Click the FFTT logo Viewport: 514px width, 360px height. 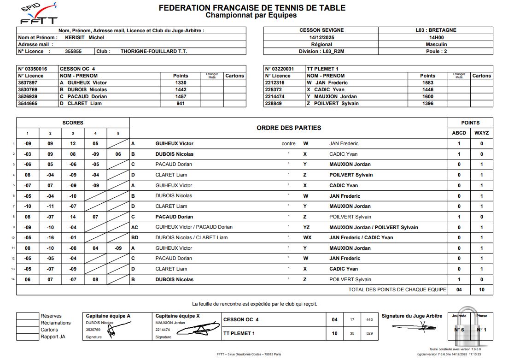pyautogui.click(x=39, y=14)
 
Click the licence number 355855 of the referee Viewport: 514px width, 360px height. pyautogui.click(x=73, y=51)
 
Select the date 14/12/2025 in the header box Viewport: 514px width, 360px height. pyautogui.click(x=321, y=37)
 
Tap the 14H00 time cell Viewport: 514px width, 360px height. pyautogui.click(x=436, y=37)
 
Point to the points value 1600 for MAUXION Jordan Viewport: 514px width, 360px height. pyautogui.click(x=427, y=96)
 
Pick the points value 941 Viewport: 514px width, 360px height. pyautogui.click(x=181, y=103)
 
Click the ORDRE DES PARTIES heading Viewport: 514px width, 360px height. pyautogui.click(x=289, y=128)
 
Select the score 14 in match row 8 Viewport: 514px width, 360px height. pyautogui.click(x=73, y=217)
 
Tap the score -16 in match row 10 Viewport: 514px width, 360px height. pyautogui.click(x=50, y=238)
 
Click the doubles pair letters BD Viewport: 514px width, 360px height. pyautogui.click(x=134, y=238)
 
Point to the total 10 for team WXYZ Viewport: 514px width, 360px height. pyautogui.click(x=481, y=289)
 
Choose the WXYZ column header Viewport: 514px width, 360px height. pyautogui.click(x=481, y=133)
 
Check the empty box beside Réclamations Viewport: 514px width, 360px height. pyautogui.click(x=27, y=323)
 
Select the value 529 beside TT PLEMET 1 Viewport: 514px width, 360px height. pyautogui.click(x=369, y=333)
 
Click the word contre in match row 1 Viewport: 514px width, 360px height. pyautogui.click(x=288, y=144)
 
